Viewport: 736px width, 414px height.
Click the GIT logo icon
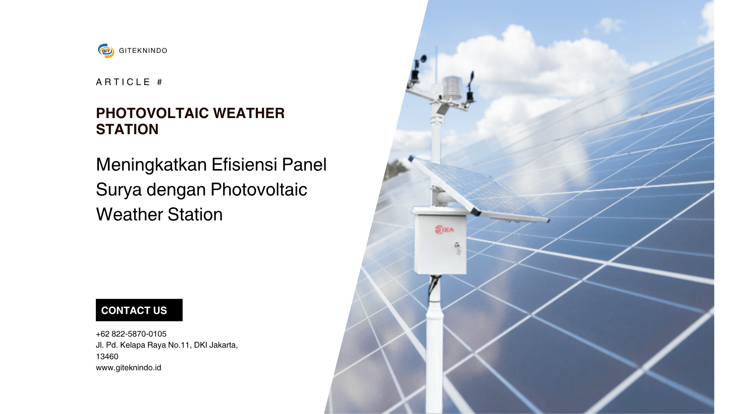106,51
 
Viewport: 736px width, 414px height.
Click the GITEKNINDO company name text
143,51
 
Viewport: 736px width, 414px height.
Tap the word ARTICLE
123,82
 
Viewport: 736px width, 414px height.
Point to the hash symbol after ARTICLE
159,82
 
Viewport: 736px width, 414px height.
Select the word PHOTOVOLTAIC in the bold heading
153,113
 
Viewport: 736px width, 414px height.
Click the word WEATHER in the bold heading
249,113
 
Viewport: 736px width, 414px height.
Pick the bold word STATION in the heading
127,130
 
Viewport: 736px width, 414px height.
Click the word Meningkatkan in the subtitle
151,165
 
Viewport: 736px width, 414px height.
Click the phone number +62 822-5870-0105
131,334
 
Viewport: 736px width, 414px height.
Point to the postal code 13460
107,356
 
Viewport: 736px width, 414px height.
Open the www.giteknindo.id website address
128,368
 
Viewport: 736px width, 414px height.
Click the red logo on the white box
444,230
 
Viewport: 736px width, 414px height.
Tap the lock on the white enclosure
457,248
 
